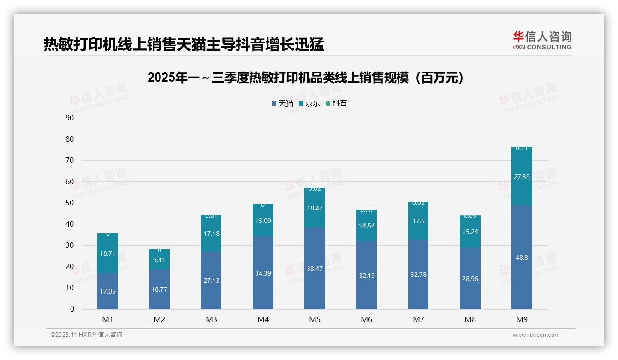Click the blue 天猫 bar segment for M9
coord(522,277)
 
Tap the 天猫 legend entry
coord(282,103)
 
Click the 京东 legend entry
coord(309,103)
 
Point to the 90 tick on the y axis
coord(70,118)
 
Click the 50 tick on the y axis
coord(70,203)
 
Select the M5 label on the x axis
coord(315,319)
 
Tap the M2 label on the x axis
coord(159,319)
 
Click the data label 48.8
coord(522,258)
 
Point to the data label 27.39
coord(522,177)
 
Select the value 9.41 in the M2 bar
coord(159,260)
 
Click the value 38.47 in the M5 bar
coord(315,269)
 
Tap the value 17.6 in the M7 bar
coord(418,221)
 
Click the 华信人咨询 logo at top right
coord(542,41)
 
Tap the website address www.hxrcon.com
coord(536,335)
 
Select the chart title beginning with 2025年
coord(305,78)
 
